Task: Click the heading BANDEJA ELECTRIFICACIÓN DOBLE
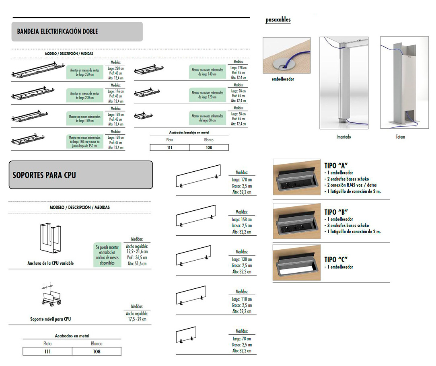pyautogui.click(x=58, y=31)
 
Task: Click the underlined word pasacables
pyautogui.click(x=278, y=20)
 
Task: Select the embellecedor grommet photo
pyautogui.click(x=287, y=55)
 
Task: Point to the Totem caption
pyautogui.click(x=400, y=137)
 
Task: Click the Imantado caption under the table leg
pyautogui.click(x=343, y=137)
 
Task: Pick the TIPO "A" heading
pyautogui.click(x=336, y=165)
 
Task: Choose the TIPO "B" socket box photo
pyautogui.click(x=296, y=221)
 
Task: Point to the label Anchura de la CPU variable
pyautogui.click(x=51, y=263)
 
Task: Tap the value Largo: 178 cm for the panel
pyautogui.click(x=242, y=180)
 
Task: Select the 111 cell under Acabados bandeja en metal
pyautogui.click(x=169, y=148)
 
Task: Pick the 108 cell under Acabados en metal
pyautogui.click(x=97, y=352)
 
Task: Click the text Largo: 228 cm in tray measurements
pyautogui.click(x=116, y=68)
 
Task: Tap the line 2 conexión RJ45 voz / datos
pyautogui.click(x=352, y=185)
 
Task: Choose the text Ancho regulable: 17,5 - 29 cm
pyautogui.click(x=137, y=316)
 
